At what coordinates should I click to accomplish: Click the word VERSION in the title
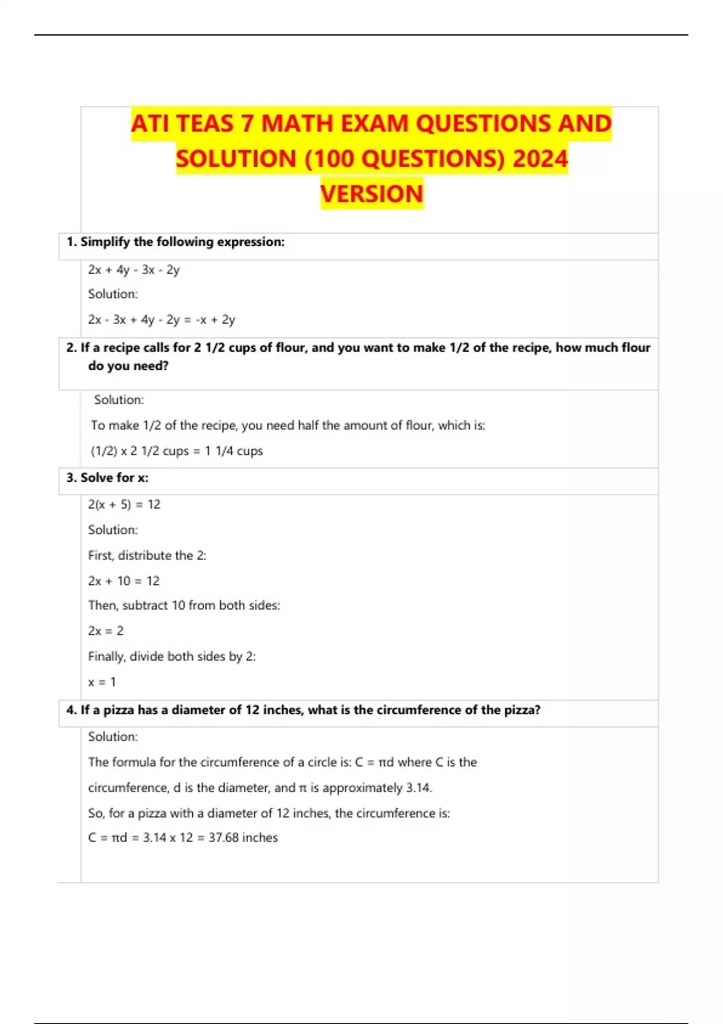[372, 194]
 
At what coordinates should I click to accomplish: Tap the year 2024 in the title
[540, 159]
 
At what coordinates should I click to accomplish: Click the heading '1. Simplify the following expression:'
[175, 242]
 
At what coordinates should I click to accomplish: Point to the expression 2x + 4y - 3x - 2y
[134, 270]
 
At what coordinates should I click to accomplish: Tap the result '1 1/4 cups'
[234, 451]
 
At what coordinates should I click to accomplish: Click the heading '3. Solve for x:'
[107, 478]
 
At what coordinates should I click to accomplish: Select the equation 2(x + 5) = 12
[124, 505]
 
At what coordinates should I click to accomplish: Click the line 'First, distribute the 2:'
[147, 555]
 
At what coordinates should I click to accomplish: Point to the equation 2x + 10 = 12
[124, 581]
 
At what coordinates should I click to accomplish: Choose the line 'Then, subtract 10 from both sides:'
[184, 605]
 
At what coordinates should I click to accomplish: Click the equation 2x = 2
[105, 631]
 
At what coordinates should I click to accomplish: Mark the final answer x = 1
[102, 682]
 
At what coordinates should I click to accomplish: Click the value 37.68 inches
[243, 838]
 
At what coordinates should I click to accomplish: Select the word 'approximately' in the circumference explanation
[363, 788]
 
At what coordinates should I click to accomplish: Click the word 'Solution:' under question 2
[119, 400]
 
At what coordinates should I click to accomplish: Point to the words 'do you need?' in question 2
[128, 366]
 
